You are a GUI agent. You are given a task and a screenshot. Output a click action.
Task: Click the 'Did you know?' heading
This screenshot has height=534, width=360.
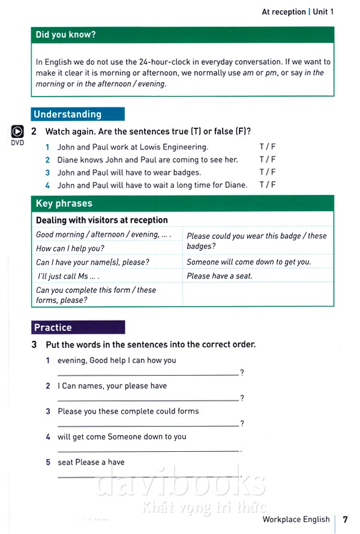coord(65,35)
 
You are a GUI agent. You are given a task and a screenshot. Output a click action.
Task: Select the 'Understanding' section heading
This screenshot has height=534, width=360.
coord(67,114)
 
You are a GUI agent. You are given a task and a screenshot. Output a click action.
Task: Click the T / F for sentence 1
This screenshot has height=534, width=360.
coord(268,146)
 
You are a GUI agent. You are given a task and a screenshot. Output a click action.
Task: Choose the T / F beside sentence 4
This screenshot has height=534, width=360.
coord(268,185)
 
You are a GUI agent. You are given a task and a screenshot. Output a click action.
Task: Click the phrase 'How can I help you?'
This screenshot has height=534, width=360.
coord(70,248)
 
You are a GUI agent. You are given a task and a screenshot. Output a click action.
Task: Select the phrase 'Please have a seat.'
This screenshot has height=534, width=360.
coord(220,276)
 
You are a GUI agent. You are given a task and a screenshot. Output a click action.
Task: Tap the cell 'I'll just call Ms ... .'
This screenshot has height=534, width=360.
coord(68,276)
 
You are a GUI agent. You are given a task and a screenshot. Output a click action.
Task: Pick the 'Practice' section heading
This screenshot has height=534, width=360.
coord(53,328)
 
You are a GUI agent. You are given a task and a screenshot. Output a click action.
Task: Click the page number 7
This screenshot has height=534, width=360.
coord(345,519)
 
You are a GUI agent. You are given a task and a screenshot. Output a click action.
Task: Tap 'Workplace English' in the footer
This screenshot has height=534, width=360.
coord(296,519)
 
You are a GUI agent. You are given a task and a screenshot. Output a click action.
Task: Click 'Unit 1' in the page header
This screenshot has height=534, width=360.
coord(323,11)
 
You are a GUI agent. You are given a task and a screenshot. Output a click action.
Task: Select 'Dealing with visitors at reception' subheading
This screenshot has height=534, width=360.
coord(102,220)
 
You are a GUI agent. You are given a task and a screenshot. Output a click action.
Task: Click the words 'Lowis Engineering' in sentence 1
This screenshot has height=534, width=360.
coord(175,146)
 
